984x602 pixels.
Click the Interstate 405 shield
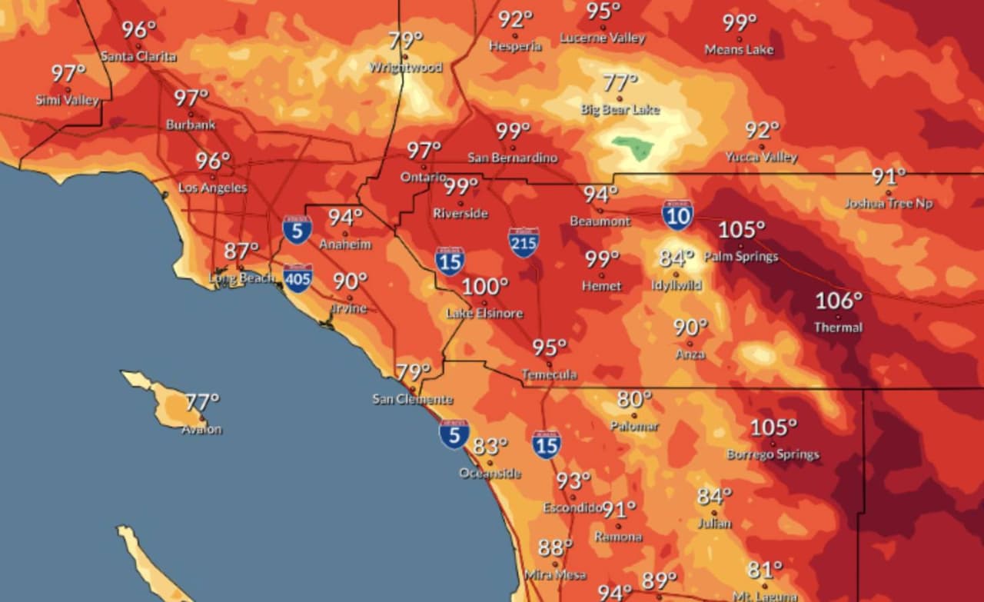tap(298, 278)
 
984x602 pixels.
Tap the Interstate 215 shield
tap(524, 242)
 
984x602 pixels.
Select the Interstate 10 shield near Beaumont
tap(677, 215)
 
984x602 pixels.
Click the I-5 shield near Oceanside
tap(454, 434)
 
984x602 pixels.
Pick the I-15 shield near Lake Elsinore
tap(450, 261)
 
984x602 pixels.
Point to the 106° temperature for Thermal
tap(839, 301)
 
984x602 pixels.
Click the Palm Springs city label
tap(740, 256)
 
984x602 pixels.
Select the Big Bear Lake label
tap(620, 109)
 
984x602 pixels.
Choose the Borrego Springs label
tap(773, 454)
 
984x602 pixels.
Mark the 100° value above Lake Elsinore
tap(484, 288)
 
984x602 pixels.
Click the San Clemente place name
tap(412, 399)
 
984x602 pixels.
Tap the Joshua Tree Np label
tap(889, 204)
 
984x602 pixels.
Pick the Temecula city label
tap(549, 374)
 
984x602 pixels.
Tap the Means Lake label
tap(739, 50)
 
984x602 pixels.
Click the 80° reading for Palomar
tap(634, 399)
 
